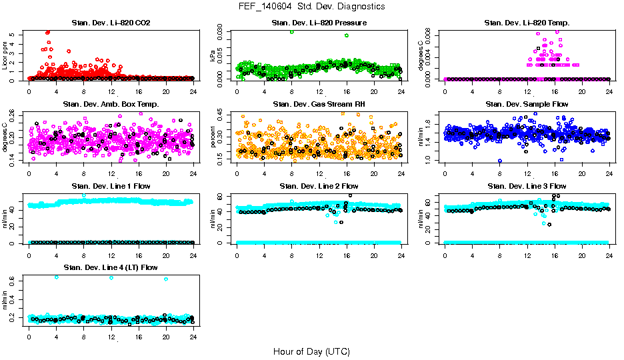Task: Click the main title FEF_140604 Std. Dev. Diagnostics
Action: (311, 6)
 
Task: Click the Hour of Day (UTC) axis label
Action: (311, 351)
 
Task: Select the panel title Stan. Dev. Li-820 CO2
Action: (111, 23)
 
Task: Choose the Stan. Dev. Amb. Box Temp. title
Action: (111, 105)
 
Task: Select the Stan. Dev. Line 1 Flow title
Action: (111, 186)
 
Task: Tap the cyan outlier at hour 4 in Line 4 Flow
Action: (56, 277)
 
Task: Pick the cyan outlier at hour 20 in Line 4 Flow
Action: (166, 279)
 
